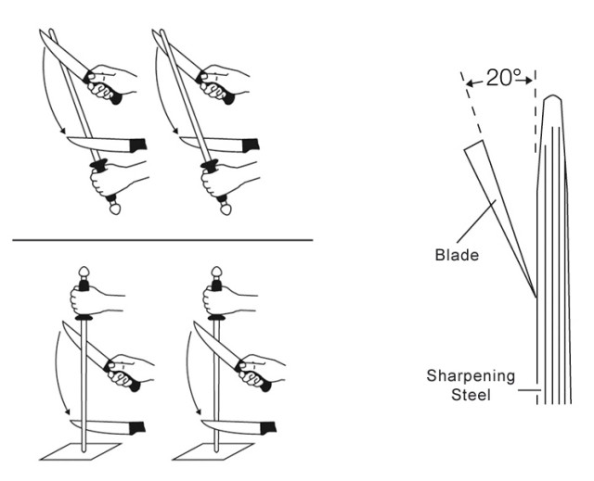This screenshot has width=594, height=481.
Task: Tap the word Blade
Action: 457,255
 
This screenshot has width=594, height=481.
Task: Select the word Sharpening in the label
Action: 471,376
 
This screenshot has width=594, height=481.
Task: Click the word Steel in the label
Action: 471,395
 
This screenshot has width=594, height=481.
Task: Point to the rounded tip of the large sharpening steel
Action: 553,97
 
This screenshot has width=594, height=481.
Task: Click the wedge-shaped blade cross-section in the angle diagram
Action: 497,211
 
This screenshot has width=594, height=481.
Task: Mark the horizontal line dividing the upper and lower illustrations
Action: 162,240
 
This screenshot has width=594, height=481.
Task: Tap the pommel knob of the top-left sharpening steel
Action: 114,209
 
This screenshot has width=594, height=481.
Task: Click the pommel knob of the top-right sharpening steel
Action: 226,209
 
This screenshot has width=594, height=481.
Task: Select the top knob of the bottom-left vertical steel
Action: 84,272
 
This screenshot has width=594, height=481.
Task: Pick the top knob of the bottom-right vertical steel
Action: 216,272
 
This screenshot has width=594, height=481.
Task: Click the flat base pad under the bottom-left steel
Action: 81,451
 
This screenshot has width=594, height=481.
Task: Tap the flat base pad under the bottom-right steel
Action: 213,451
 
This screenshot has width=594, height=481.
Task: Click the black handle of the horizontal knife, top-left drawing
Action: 138,146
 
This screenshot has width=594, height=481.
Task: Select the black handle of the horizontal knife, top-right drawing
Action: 251,146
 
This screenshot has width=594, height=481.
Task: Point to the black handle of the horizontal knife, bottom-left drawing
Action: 137,427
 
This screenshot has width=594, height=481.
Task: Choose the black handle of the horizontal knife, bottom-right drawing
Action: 268,427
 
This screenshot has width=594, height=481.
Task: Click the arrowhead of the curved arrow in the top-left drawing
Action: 63,131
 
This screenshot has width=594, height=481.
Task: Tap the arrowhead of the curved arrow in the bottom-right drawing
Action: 198,411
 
